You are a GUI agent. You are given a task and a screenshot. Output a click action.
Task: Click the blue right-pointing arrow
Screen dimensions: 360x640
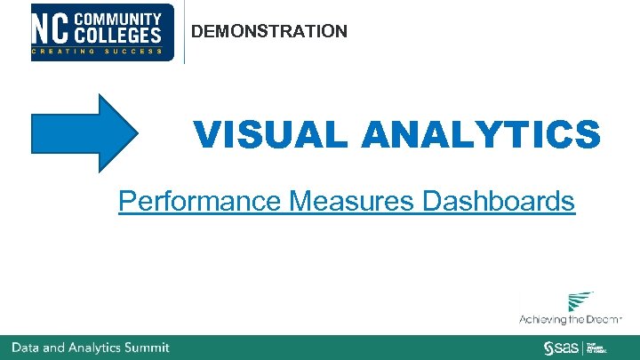click(84, 133)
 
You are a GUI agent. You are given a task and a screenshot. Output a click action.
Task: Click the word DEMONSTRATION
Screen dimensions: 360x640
click(269, 32)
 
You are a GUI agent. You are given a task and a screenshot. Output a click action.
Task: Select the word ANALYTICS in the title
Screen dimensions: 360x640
click(481, 136)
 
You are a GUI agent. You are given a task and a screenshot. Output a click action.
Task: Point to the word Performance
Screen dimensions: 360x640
click(201, 202)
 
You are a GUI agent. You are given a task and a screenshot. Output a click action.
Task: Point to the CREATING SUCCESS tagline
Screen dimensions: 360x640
click(98, 52)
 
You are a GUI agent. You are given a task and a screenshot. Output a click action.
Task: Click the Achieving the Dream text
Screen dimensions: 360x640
click(571, 319)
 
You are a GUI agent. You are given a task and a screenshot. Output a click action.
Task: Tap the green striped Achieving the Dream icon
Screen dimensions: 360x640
click(581, 301)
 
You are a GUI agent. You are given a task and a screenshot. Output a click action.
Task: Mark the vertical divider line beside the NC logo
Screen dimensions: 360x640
click(184, 32)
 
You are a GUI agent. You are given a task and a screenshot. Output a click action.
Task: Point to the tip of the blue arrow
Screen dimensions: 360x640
click(137, 133)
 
